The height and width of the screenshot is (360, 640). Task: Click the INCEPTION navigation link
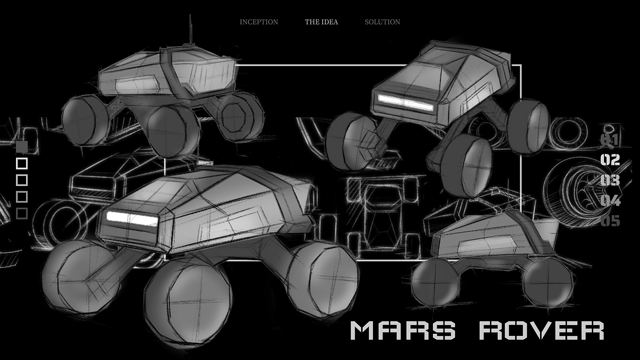pyautogui.click(x=259, y=22)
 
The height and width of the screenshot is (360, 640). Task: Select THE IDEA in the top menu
pyautogui.click(x=321, y=22)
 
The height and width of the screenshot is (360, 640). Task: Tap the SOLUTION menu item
pyautogui.click(x=383, y=22)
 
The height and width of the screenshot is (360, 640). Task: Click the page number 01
pyautogui.click(x=610, y=140)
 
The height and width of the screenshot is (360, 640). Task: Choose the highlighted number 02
pyautogui.click(x=610, y=160)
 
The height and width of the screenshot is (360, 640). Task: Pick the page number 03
pyautogui.click(x=610, y=180)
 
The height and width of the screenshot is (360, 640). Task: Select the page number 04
pyautogui.click(x=610, y=201)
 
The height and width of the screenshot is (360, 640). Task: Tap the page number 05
pyautogui.click(x=610, y=221)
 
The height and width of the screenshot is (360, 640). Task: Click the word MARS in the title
pyautogui.click(x=403, y=330)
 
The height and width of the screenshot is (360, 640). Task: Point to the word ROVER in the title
pyautogui.click(x=541, y=330)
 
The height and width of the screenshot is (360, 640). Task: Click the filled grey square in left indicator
pyautogui.click(x=22, y=147)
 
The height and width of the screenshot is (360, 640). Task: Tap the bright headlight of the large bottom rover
pyautogui.click(x=132, y=219)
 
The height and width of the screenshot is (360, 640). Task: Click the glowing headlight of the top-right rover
pyautogui.click(x=406, y=102)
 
